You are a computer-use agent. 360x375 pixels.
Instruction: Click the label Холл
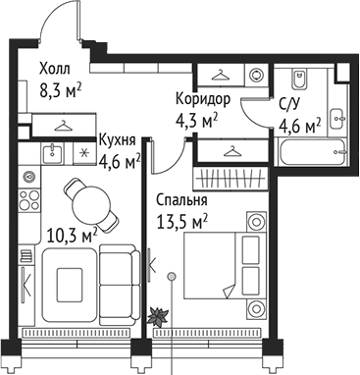point(55,70)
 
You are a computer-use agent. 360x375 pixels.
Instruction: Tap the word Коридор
point(203,99)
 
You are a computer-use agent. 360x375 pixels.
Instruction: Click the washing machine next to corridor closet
point(255,76)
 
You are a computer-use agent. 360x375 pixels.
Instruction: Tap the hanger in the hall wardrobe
point(64,126)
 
